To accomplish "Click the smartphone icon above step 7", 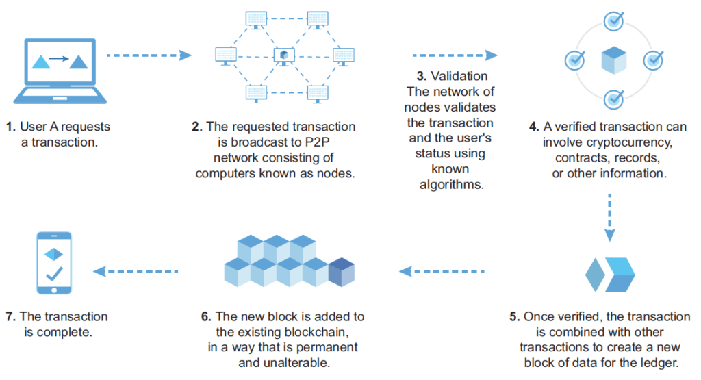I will [54, 263].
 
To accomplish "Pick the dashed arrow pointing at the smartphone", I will [136, 271].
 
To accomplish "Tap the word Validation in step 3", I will [460, 76].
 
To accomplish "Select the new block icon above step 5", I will [609, 274].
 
